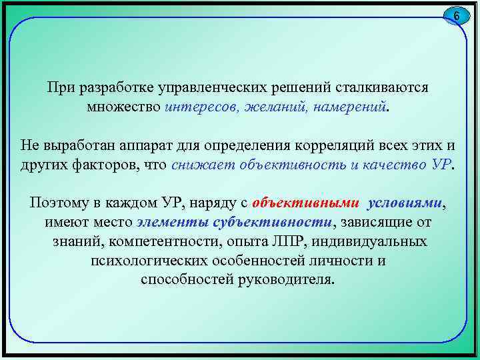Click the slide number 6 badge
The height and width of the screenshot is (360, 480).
tap(457, 15)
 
